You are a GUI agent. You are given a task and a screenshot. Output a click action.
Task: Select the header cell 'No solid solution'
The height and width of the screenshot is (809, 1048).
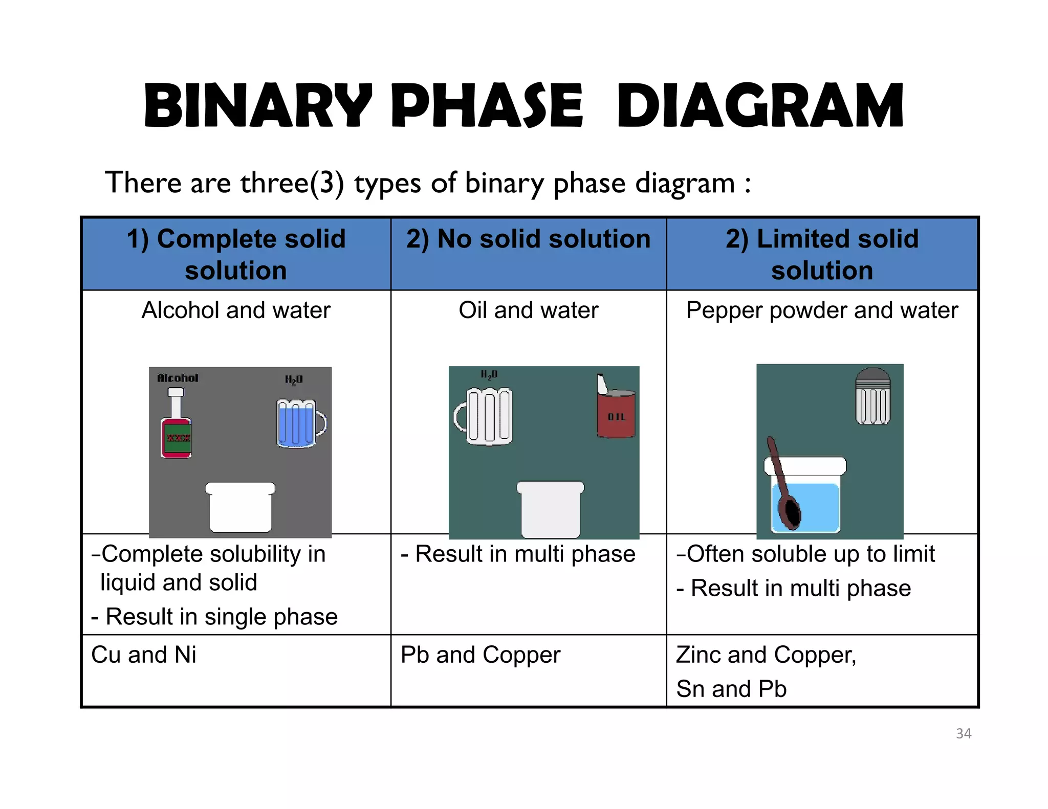click(528, 239)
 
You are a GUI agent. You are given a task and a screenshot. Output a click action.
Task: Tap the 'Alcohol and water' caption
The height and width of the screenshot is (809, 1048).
click(236, 310)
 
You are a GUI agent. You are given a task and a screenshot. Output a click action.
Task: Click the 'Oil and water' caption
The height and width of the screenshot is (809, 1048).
click(528, 310)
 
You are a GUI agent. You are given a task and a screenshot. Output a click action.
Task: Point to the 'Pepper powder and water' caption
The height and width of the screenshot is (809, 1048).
click(822, 310)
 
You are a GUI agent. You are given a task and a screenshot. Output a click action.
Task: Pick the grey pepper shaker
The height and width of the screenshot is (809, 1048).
click(873, 397)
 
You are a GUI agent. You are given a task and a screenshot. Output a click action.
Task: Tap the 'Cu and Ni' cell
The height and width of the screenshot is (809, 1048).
click(144, 655)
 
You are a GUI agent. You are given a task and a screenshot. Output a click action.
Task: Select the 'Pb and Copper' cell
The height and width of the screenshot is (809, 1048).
click(481, 655)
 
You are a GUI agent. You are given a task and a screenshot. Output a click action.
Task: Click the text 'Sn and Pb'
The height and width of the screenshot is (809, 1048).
click(731, 689)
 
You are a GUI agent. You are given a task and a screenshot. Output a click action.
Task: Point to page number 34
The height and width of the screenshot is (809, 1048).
click(964, 733)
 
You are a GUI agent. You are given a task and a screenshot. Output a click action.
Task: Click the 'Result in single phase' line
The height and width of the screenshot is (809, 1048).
click(214, 617)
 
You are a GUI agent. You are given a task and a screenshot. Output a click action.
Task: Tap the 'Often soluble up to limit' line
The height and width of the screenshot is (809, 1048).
click(806, 554)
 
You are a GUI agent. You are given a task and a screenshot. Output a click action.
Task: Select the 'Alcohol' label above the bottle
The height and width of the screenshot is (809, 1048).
click(178, 378)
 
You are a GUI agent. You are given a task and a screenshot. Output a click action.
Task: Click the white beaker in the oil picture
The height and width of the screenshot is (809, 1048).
click(550, 509)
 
